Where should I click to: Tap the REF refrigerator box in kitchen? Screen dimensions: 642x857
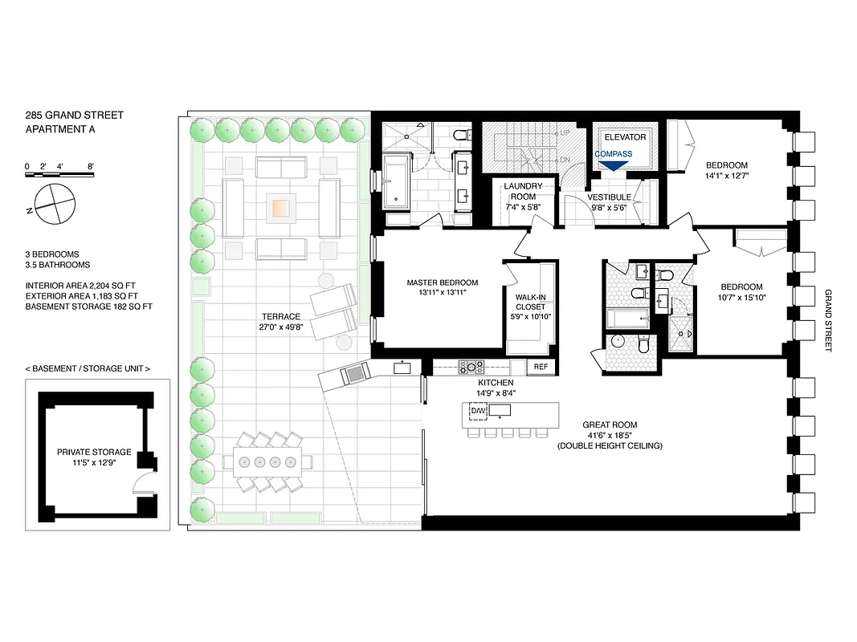[x=541, y=367]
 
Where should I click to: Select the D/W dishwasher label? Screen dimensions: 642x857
[x=479, y=412]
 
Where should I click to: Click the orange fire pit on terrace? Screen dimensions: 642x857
[x=280, y=208]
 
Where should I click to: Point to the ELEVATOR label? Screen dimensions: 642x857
[x=625, y=137]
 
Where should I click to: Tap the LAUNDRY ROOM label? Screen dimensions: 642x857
[x=523, y=192]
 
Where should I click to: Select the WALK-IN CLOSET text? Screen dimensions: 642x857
[x=529, y=302]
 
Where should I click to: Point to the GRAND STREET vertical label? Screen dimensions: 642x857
[x=828, y=320]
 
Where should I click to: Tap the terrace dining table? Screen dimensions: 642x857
[x=268, y=461]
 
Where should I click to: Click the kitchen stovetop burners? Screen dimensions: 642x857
[x=469, y=367]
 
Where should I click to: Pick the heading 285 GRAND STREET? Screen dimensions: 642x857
[x=74, y=116]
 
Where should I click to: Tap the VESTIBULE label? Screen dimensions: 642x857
[x=609, y=197]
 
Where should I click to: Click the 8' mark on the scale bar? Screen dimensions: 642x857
[x=92, y=166]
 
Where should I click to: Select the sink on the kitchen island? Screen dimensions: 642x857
[x=500, y=411]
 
